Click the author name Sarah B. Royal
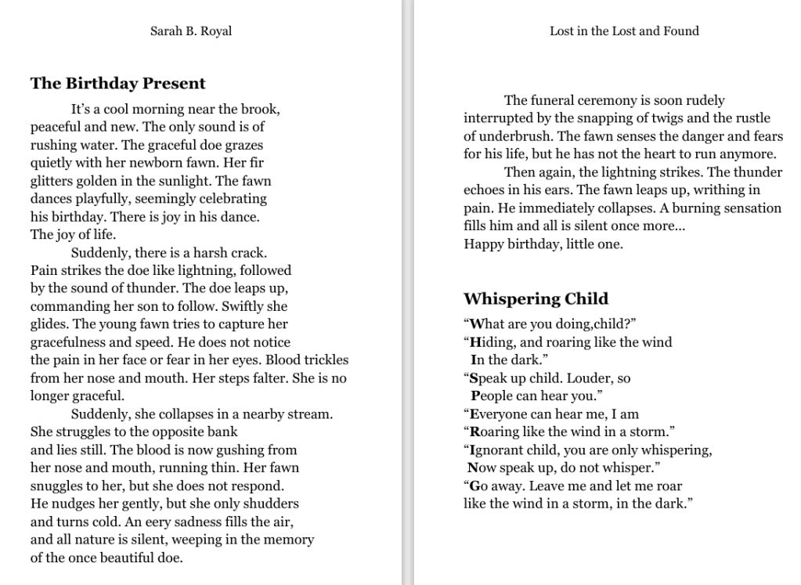tap(190, 31)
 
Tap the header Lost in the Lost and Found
tap(624, 31)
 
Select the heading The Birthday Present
tap(117, 83)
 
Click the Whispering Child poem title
tap(536, 298)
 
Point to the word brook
tap(261, 109)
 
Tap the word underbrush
tap(507, 136)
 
